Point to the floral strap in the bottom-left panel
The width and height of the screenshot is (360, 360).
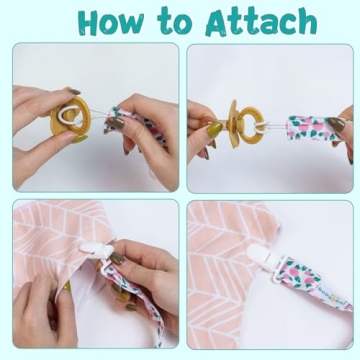click(125, 300)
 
